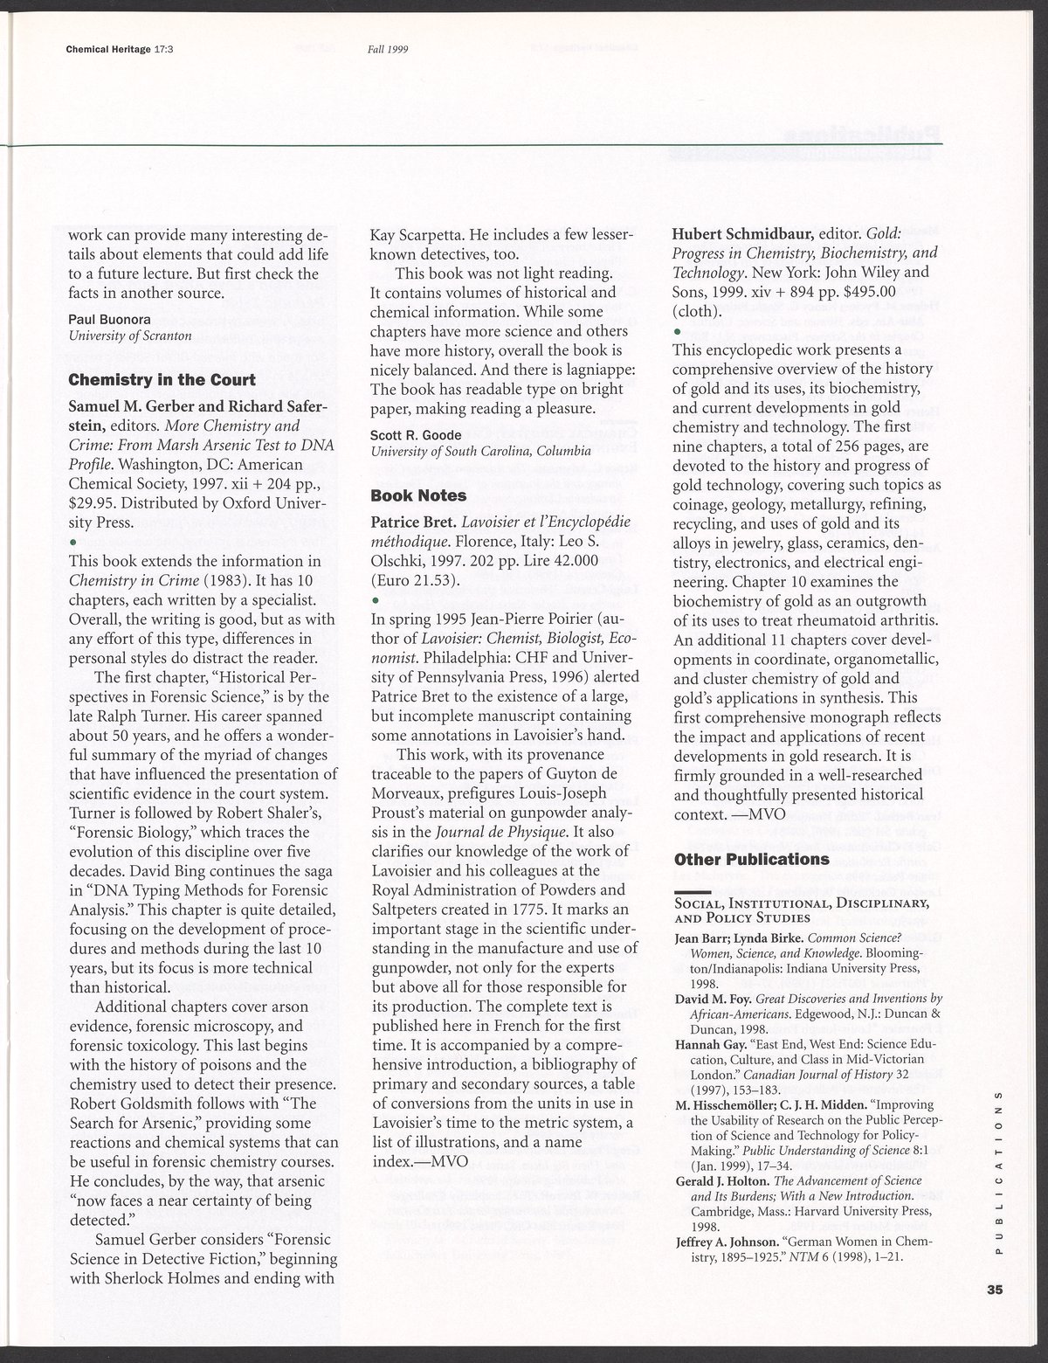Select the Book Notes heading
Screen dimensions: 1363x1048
coord(418,495)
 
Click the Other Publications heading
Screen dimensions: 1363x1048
coord(752,859)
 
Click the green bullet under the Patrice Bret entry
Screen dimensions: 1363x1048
coord(374,601)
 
